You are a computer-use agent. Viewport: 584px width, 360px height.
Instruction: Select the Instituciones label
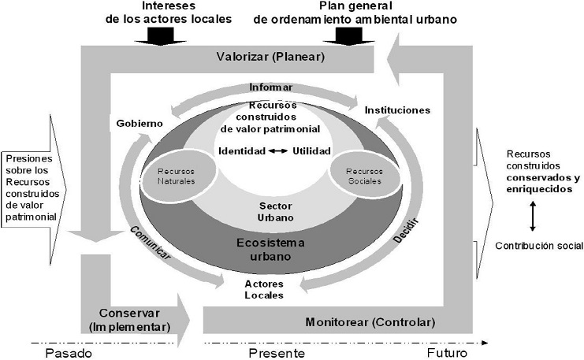click(397, 110)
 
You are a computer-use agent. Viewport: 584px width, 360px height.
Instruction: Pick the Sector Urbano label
click(270, 210)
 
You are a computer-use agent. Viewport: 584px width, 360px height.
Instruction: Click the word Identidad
click(242, 150)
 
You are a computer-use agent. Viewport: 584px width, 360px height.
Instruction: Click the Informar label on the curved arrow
click(271, 87)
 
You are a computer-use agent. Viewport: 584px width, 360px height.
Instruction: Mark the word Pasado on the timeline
click(69, 354)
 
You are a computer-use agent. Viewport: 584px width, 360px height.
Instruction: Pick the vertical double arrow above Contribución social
click(534, 215)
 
